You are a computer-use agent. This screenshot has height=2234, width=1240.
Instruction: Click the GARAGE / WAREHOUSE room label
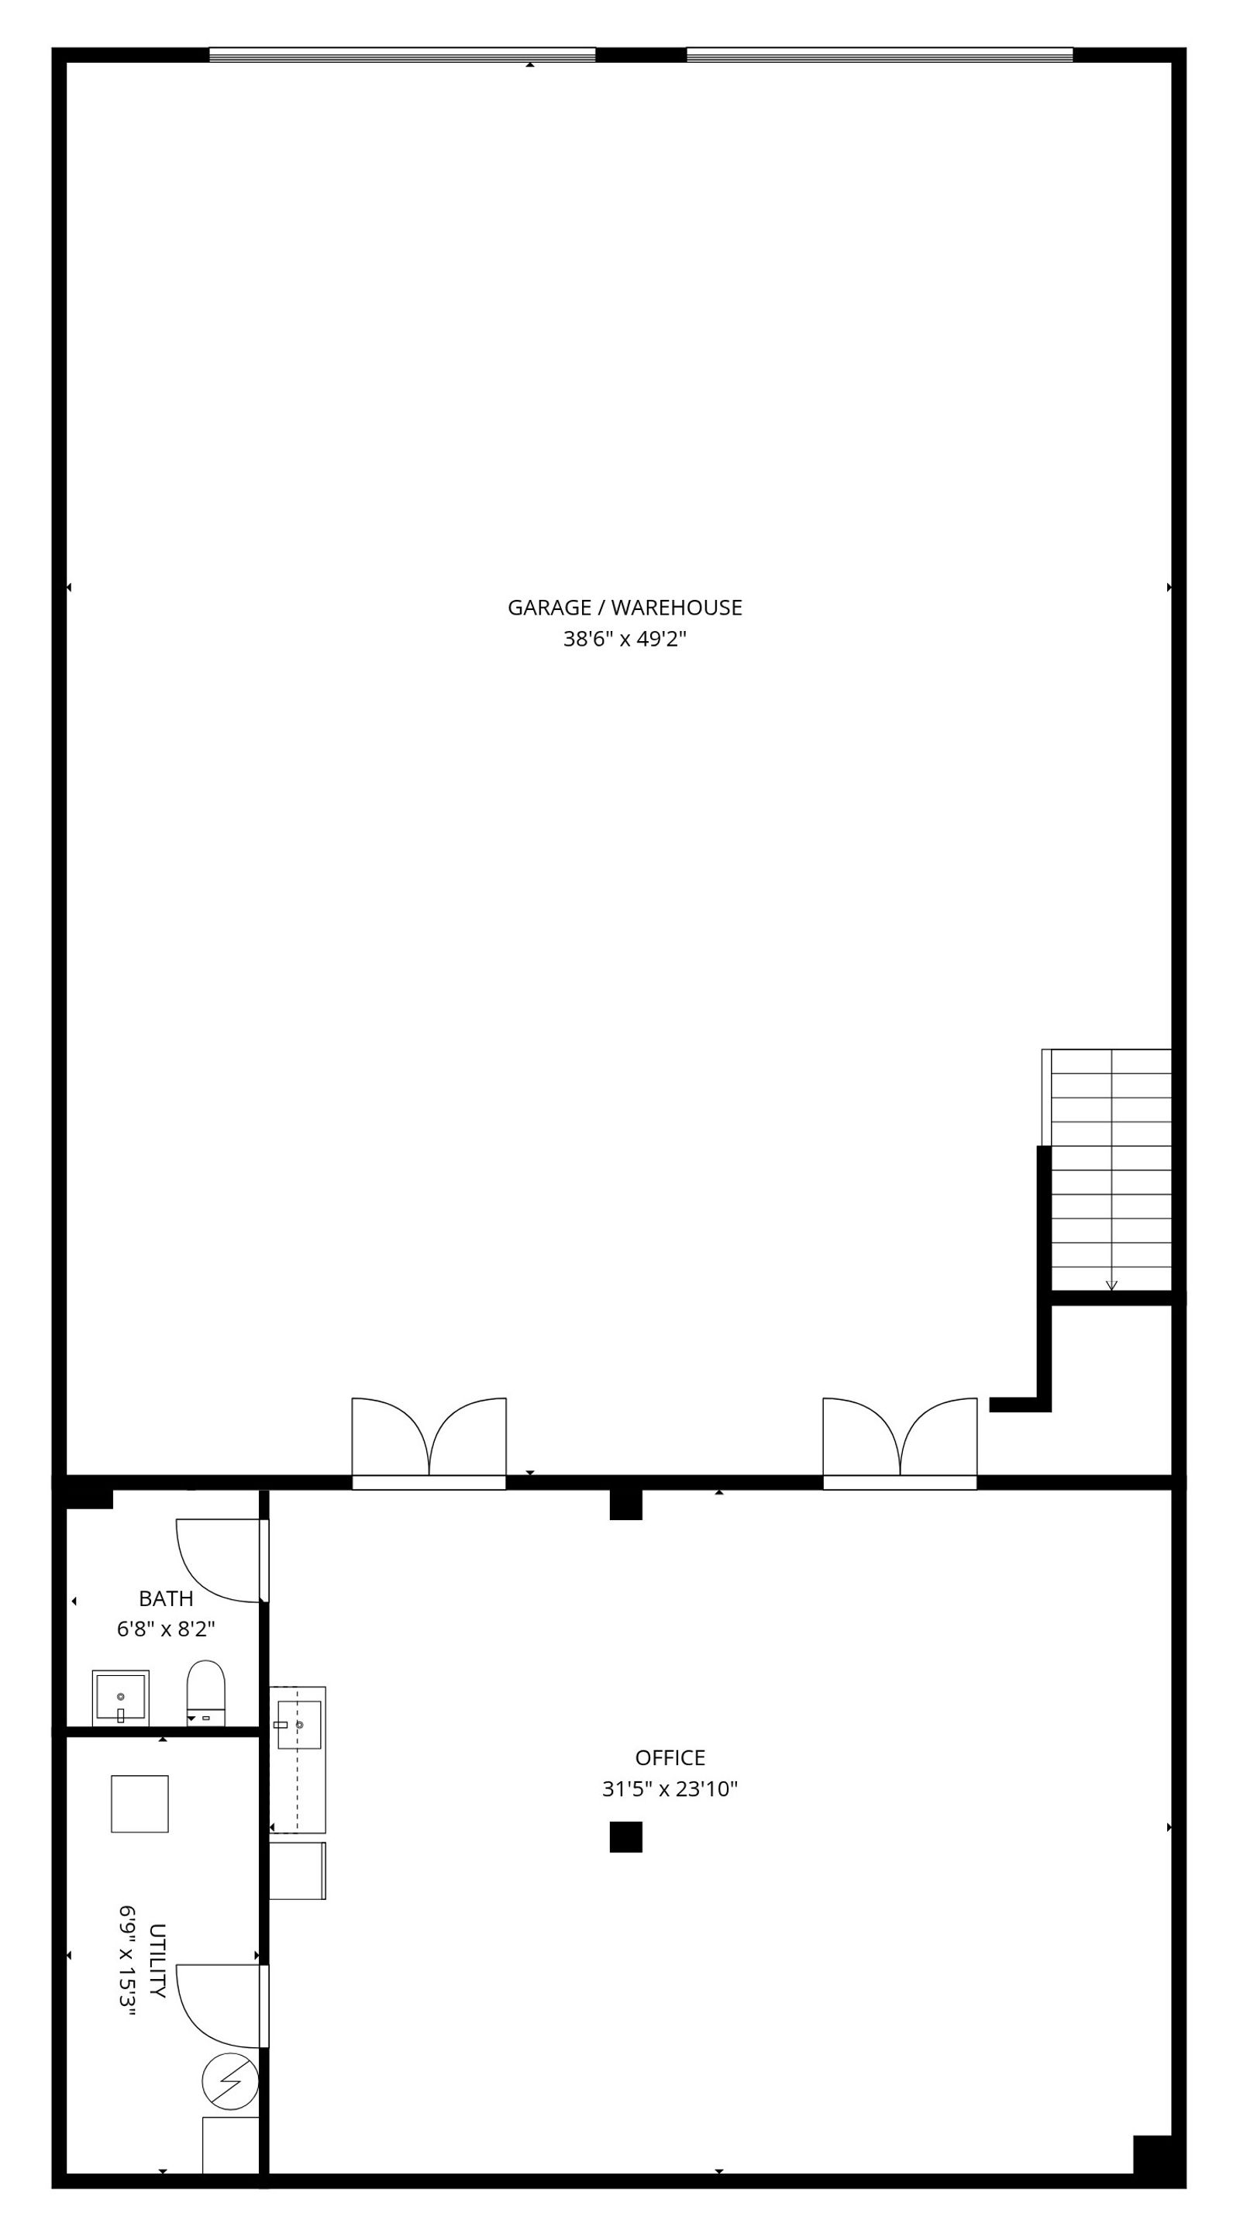(625, 608)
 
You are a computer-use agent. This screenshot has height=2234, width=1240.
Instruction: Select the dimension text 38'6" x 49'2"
(625, 640)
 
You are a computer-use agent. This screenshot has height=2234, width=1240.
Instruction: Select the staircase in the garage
(1107, 1170)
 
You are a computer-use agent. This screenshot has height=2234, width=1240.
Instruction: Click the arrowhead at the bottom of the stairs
(1111, 1286)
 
